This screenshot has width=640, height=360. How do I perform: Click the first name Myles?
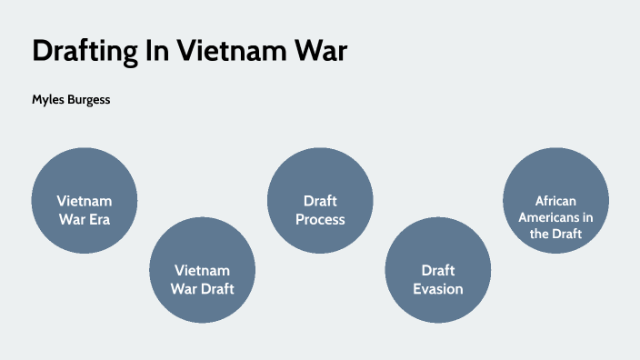coord(48,99)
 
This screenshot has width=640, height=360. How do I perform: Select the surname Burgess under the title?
coord(89,99)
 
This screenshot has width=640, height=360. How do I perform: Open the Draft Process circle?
coord(320,201)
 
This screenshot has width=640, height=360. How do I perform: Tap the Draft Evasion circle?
coord(438,271)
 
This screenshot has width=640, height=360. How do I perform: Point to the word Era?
coord(98,218)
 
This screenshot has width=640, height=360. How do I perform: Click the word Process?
coord(320,219)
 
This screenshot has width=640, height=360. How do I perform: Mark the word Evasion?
coord(438,289)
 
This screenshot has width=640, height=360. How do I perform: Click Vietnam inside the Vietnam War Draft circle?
coord(202,270)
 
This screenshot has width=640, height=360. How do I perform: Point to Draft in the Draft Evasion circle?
coord(438,270)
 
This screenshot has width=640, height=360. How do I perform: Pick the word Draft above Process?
coord(320,200)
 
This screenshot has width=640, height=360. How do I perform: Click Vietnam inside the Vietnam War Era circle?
coord(84,200)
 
